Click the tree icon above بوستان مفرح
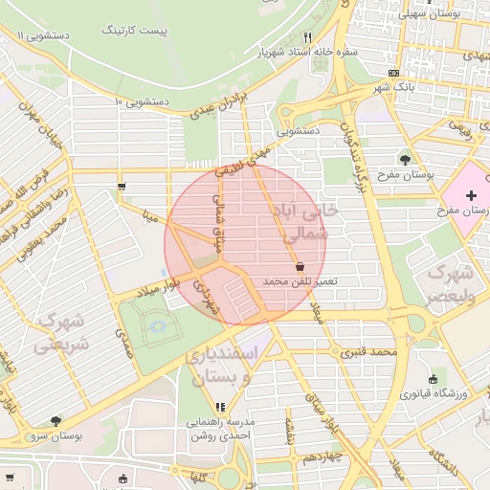[x=405, y=159]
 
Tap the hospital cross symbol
[x=470, y=195]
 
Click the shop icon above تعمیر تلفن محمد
[x=301, y=266]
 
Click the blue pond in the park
[x=159, y=328]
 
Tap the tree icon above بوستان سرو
[x=55, y=420]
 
